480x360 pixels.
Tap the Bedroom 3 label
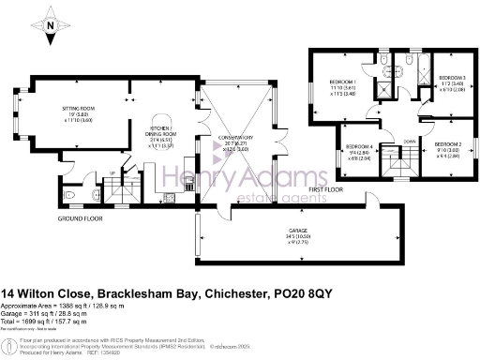coord(452,81)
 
